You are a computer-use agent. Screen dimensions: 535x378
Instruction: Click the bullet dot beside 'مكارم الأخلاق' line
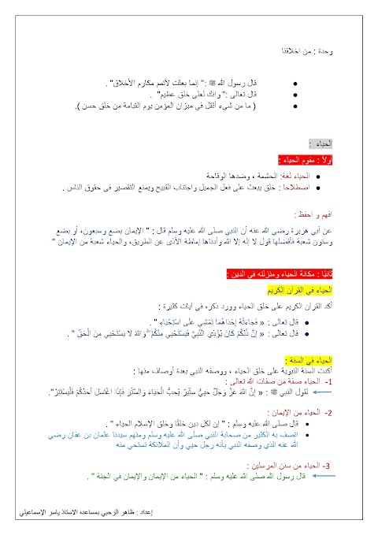tap(294, 82)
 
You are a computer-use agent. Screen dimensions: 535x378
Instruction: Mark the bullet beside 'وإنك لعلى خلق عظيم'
tap(294, 93)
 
